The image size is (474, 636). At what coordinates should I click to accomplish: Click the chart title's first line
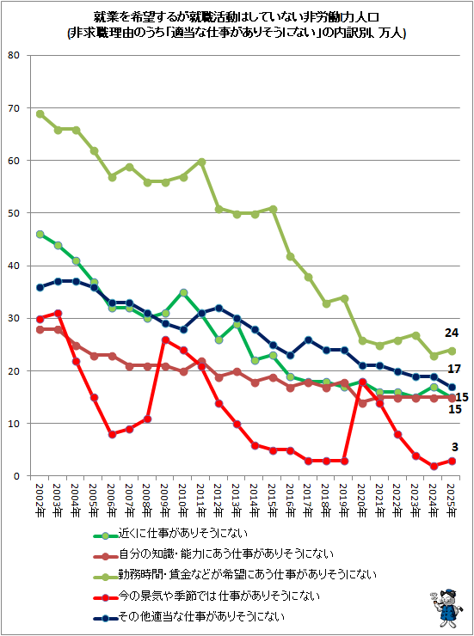click(x=237, y=18)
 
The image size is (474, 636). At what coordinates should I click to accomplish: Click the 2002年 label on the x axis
click(x=40, y=499)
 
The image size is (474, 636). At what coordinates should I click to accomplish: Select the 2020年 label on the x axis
click(x=362, y=499)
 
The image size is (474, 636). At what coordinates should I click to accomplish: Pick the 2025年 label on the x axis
click(x=452, y=499)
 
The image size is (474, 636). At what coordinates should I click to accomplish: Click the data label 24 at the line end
click(x=452, y=333)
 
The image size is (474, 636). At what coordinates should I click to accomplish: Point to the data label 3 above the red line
click(x=454, y=447)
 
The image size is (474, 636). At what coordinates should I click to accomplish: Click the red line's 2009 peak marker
click(x=165, y=339)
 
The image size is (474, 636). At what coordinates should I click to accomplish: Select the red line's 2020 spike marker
click(x=362, y=382)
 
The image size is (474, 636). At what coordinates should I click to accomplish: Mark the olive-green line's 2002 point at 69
click(x=40, y=114)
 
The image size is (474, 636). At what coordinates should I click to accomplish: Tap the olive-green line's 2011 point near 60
click(x=201, y=162)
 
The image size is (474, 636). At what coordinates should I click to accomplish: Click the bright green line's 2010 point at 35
click(x=183, y=292)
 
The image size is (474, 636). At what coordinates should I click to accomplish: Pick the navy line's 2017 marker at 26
click(x=309, y=339)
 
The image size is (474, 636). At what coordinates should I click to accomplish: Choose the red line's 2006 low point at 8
click(x=112, y=434)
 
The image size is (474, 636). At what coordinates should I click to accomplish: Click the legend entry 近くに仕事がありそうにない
click(x=170, y=534)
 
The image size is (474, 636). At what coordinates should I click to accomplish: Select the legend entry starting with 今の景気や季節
click(x=206, y=596)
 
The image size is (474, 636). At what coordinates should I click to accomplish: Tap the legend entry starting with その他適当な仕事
click(x=188, y=617)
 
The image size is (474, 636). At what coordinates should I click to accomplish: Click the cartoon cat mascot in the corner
click(x=446, y=609)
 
